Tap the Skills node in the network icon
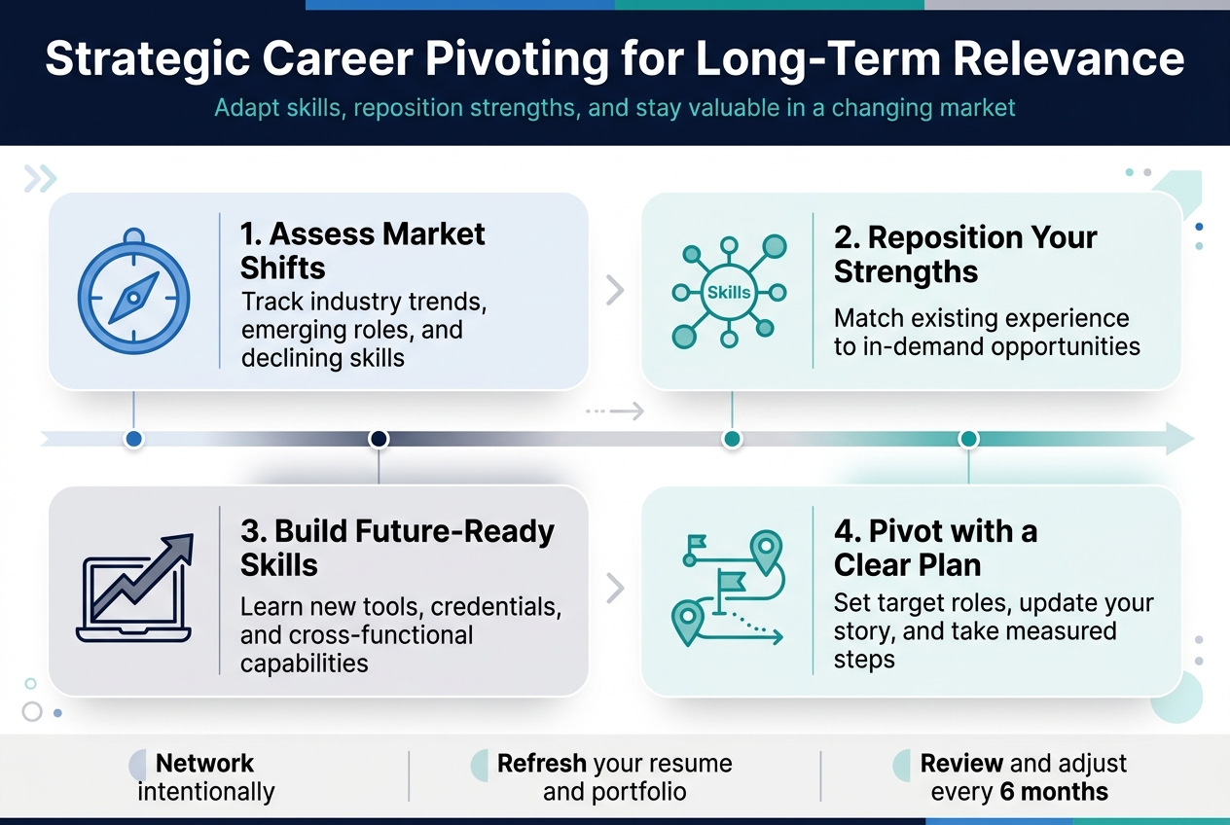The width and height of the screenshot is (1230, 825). pos(729,292)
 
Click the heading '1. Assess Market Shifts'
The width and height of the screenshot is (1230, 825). pos(362,250)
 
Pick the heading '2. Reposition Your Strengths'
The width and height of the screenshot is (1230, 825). pos(965,255)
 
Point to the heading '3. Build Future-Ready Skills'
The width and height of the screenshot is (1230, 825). pos(397,548)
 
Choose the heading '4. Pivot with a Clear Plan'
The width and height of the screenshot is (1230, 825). pos(935,548)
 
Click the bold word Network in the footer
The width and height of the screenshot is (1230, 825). pos(204,763)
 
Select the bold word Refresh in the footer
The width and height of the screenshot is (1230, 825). pos(541,763)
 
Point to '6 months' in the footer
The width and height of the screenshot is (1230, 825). pos(1054,792)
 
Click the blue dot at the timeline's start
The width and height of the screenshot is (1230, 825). pos(134,439)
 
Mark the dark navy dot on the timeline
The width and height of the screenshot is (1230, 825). pos(379,439)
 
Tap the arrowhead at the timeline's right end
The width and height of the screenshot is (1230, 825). pos(1178,439)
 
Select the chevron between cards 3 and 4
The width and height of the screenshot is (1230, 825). pos(615,588)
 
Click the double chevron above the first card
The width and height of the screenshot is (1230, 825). pos(41,178)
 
